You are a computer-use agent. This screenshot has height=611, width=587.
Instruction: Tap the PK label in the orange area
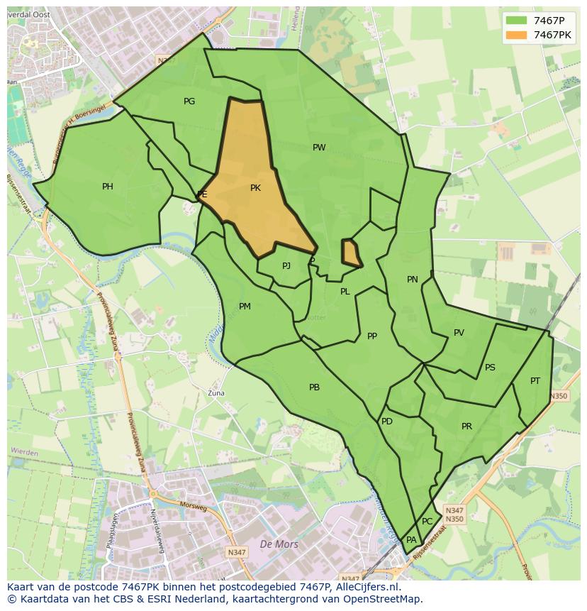tap(255, 188)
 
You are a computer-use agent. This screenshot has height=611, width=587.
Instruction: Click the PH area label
tap(107, 187)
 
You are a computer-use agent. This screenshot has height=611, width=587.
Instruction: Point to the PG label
tap(189, 101)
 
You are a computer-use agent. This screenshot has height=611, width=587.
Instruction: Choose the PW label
tap(319, 148)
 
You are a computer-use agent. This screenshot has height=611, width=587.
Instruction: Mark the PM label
tap(245, 307)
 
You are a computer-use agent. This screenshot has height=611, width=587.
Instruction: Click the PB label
tap(314, 387)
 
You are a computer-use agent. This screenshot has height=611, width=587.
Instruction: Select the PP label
tap(372, 336)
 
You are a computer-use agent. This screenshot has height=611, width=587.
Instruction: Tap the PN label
tap(412, 280)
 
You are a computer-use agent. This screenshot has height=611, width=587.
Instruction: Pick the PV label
tap(459, 333)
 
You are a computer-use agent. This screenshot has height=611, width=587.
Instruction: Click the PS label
tap(490, 368)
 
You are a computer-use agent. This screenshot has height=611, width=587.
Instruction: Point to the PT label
tap(535, 381)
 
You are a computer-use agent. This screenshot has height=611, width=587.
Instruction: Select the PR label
tap(466, 426)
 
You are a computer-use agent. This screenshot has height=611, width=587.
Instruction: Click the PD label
tap(386, 422)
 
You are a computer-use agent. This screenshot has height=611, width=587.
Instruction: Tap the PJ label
tap(286, 266)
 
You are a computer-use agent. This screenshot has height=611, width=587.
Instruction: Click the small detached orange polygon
tap(350, 252)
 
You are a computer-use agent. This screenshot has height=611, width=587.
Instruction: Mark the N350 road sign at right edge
tap(558, 396)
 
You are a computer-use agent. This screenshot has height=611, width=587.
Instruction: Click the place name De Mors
tap(279, 544)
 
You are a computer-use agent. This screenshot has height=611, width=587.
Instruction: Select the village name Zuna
tap(216, 392)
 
